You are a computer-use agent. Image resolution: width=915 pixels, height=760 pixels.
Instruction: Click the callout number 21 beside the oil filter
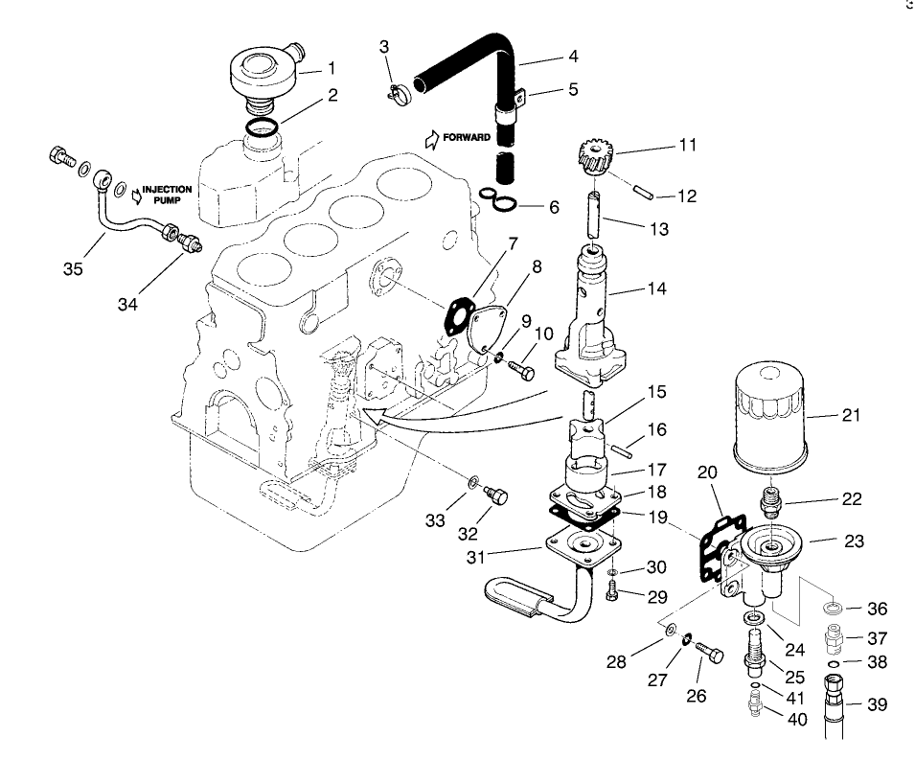click(852, 415)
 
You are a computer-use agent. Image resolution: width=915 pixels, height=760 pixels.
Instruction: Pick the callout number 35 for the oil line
click(72, 268)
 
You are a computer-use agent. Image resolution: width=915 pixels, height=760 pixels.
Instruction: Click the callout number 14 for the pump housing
click(656, 288)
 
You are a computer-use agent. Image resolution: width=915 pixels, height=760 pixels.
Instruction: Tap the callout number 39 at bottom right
click(877, 704)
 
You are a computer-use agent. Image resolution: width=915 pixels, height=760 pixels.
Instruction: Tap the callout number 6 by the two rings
click(554, 206)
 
